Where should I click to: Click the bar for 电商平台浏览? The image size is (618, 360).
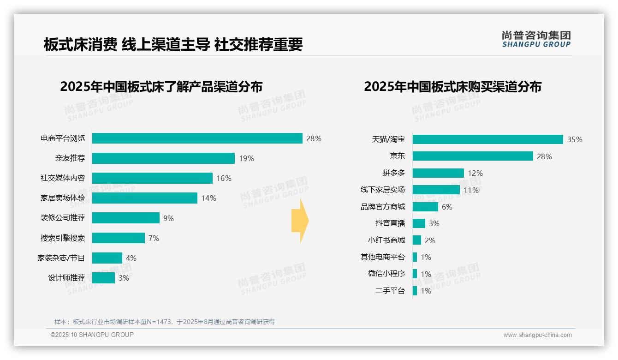197,138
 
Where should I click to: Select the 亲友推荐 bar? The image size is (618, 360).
163,158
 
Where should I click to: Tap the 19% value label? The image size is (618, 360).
246,158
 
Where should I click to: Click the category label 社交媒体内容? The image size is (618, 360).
63,178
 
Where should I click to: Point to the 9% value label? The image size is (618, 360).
168,218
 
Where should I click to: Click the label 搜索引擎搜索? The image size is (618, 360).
63,238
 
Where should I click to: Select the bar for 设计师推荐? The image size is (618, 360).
103,278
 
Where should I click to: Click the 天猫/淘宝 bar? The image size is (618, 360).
487,139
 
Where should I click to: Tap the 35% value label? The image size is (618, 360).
575,139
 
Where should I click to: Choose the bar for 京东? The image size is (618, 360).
473,156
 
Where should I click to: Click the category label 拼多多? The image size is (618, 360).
393,173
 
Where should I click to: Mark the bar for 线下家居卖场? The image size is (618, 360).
436,190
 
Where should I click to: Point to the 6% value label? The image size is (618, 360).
447,207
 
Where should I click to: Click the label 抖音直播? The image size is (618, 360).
390,223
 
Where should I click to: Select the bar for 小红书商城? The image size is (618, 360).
417,240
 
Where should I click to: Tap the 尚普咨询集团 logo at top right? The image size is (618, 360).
536,39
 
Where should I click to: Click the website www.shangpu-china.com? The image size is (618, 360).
537,335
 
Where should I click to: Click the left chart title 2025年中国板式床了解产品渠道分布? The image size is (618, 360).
161,87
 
